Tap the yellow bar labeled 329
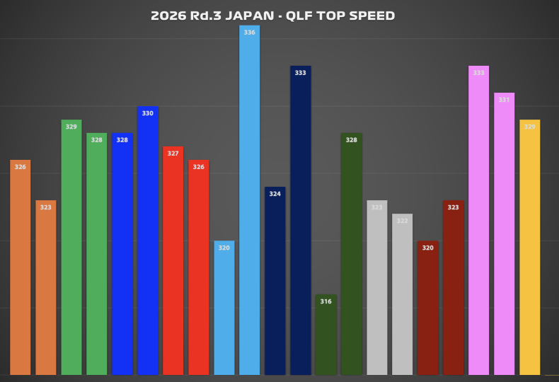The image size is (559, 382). pos(529,248)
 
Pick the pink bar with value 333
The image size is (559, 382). pos(478,220)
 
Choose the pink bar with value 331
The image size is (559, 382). pos(504,233)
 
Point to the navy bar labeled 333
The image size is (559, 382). pos(300,220)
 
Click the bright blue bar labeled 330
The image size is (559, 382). pos(147,241)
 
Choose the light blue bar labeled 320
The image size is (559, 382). pos(224,308)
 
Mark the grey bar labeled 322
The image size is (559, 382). pos(402,294)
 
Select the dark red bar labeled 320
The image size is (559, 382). pos(427,308)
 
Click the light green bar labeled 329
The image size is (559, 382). pos(71,248)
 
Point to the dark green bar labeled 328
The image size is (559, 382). pos(351,254)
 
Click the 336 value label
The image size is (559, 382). pos(249,33)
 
